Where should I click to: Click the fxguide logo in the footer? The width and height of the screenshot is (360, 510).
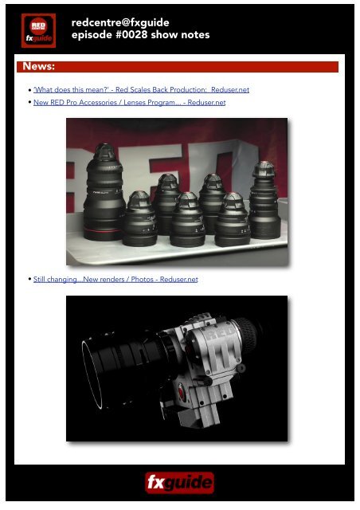click(179, 483)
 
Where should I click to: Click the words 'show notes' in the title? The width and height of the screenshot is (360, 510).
click(181, 37)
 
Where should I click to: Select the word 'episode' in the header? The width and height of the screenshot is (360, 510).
click(93, 37)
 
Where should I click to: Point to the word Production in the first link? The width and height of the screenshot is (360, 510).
click(184, 90)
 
